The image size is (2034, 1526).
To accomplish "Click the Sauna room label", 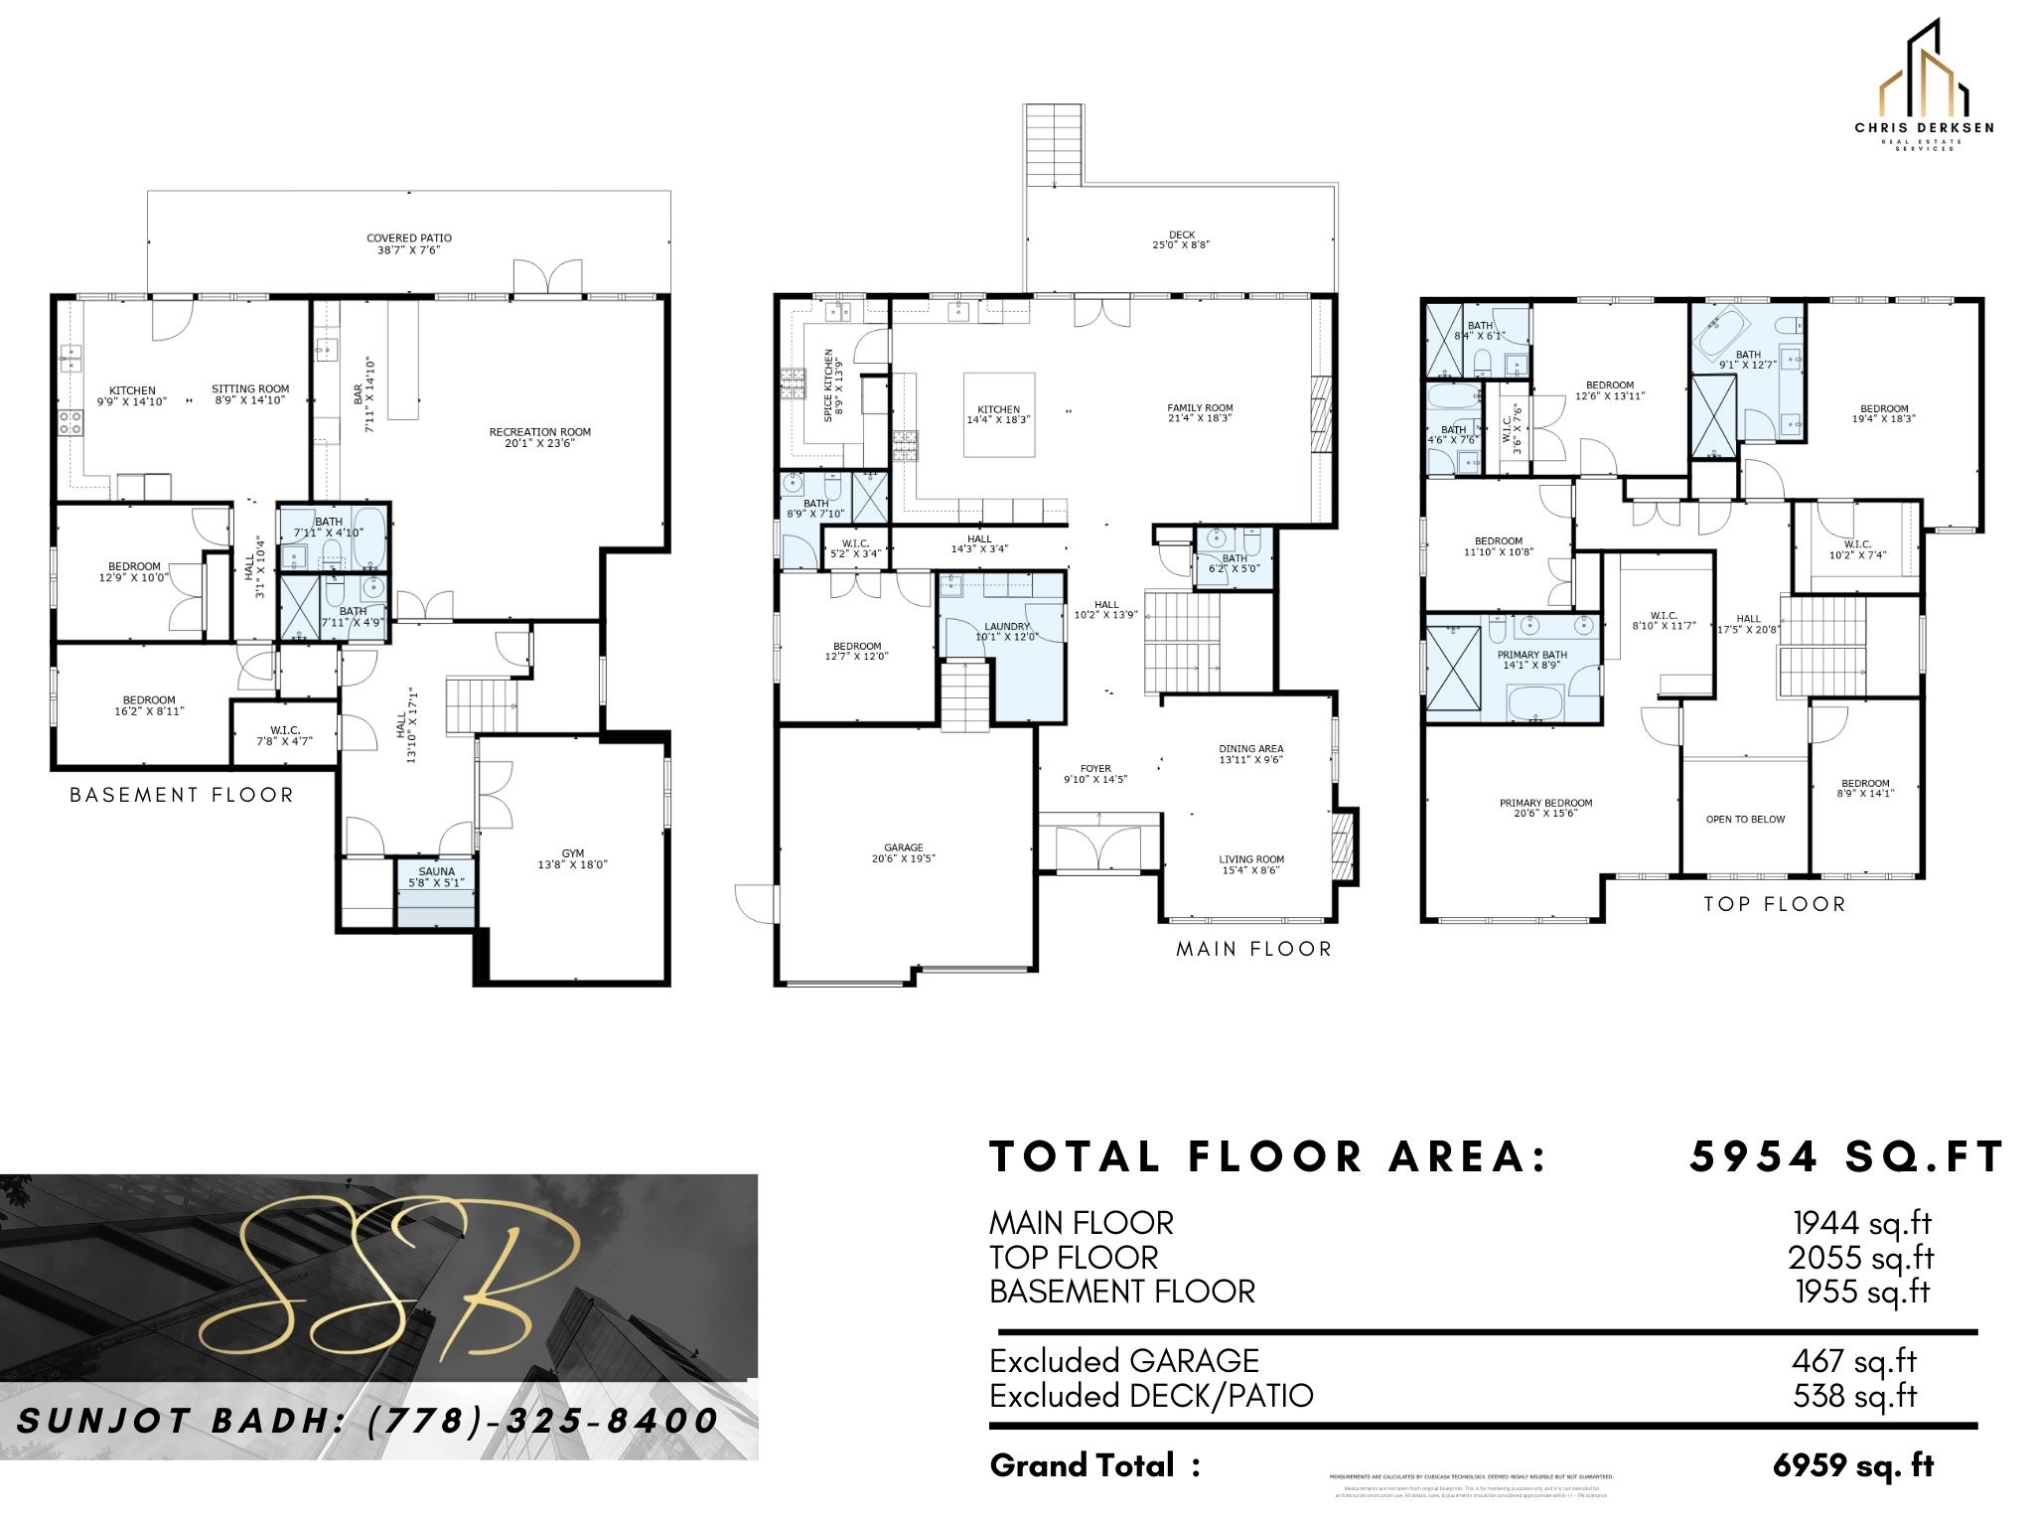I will [436, 871].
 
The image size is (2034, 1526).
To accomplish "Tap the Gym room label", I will [572, 853].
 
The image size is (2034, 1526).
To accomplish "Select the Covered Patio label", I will [408, 238].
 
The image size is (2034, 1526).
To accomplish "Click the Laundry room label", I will [1006, 627].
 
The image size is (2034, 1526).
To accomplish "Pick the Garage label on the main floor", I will [904, 847].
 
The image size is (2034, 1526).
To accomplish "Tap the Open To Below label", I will [1745, 820].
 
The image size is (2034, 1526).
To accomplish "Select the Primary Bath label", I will [1531, 656].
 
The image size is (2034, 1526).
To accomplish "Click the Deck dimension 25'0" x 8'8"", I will [1181, 245].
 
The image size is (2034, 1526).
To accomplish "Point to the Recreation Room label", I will [539, 432].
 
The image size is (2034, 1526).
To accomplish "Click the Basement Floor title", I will [182, 796].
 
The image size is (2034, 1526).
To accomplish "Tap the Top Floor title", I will [1774, 905].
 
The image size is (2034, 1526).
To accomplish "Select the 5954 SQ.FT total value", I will [1845, 1157].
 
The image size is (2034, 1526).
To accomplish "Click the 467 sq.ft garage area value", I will [1854, 1361].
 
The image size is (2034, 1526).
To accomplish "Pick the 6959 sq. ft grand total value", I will [1853, 1465].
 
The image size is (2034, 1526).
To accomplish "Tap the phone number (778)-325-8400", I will [542, 1421].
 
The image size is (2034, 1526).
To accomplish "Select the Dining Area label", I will [1250, 749].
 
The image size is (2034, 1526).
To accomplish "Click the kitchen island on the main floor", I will [999, 414].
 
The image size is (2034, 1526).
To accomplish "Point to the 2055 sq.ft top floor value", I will [1861, 1258].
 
